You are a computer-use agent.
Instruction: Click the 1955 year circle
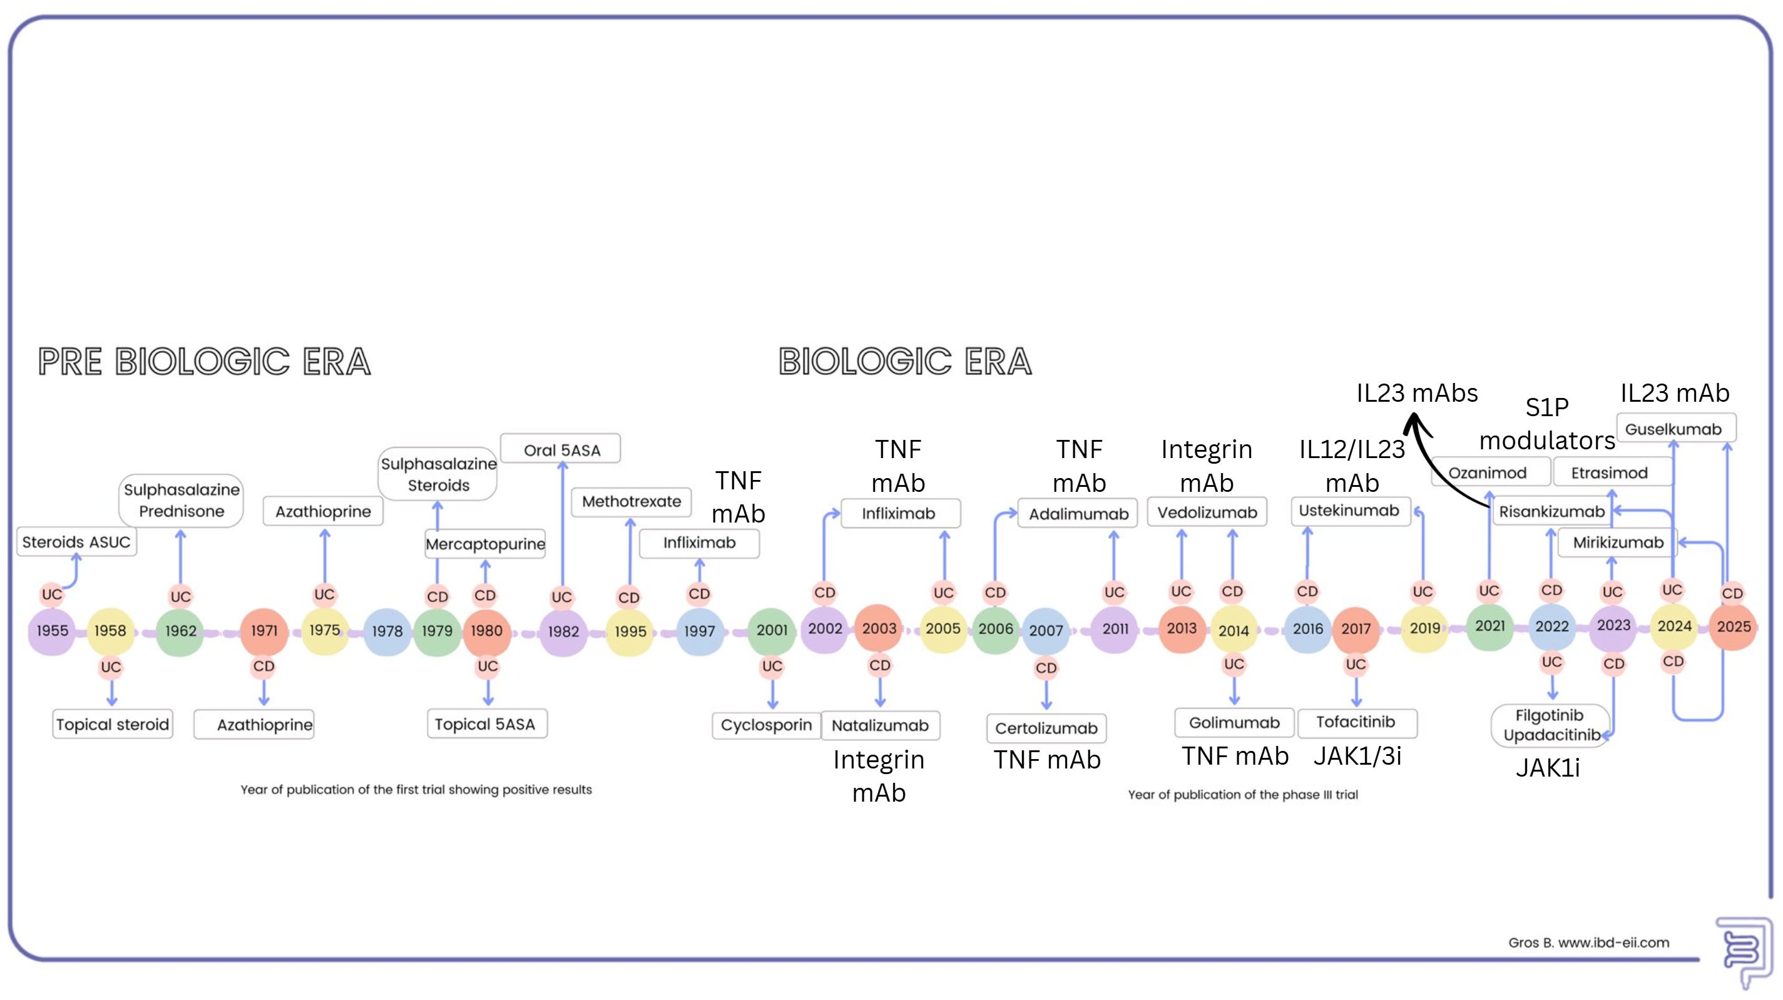[52, 630]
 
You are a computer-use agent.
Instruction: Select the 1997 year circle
[699, 630]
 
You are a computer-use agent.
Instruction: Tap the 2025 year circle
[1732, 626]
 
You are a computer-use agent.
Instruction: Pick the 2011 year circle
[1115, 628]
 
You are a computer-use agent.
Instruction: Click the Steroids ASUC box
[76, 542]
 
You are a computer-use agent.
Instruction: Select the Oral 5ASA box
[561, 450]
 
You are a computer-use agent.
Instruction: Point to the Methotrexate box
[631, 501]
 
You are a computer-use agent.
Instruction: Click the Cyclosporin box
[765, 725]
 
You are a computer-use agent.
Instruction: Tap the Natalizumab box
[880, 725]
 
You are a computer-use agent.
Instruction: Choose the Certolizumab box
[1046, 728]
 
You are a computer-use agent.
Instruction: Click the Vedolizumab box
[1207, 512]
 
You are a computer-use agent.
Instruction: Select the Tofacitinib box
[1356, 722]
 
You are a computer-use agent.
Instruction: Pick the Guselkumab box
[1673, 429]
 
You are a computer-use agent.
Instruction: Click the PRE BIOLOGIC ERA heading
[204, 361]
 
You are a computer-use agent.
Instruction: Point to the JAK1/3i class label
[1357, 756]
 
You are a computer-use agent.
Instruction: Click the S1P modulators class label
[1547, 424]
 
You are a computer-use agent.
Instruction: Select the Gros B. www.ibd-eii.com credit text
[1588, 942]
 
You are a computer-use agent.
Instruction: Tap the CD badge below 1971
[263, 666]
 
